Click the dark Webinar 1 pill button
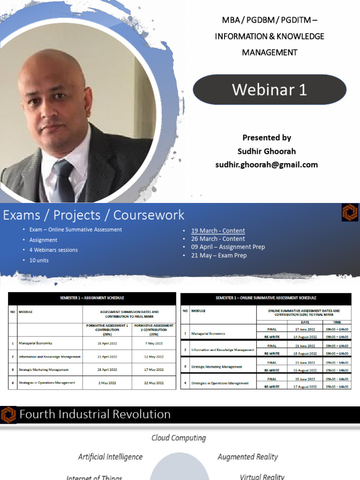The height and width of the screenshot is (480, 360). click(x=270, y=90)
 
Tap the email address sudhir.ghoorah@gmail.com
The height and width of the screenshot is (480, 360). click(x=266, y=165)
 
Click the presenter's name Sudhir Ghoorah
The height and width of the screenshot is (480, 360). click(x=267, y=151)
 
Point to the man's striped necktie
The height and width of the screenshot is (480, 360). click(x=63, y=180)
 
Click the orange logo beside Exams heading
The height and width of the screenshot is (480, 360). click(x=350, y=212)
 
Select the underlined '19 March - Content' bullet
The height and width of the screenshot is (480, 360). click(x=218, y=231)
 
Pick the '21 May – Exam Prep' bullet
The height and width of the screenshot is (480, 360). click(x=218, y=255)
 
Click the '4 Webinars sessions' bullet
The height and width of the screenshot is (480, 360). click(x=53, y=250)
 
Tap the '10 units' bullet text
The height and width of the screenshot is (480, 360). click(x=39, y=260)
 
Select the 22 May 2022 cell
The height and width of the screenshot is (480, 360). click(x=154, y=383)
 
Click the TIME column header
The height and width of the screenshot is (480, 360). click(x=337, y=322)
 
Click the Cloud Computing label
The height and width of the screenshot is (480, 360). click(x=179, y=438)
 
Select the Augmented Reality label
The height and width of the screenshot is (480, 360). click(x=247, y=457)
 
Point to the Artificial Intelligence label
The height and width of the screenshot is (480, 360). click(x=110, y=457)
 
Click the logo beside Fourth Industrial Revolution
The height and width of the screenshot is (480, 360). click(x=8, y=414)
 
